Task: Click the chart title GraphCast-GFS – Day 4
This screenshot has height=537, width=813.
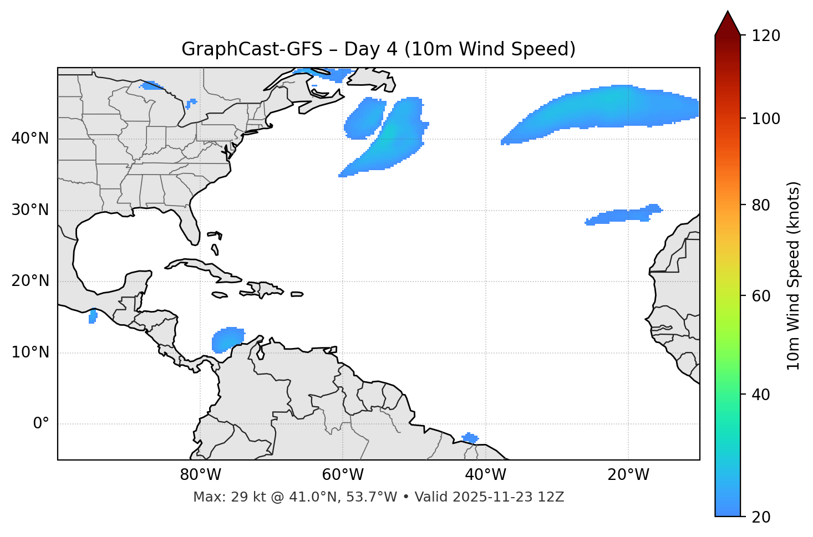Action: tap(378, 49)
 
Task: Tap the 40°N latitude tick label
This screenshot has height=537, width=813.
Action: tap(30, 139)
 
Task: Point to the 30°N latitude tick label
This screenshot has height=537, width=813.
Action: tap(30, 210)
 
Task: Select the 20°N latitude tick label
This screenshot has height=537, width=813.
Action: tap(30, 281)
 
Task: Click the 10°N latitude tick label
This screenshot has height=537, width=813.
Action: tap(30, 352)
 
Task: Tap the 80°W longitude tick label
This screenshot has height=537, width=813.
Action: tap(200, 475)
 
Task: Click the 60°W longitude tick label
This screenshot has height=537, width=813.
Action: tap(343, 475)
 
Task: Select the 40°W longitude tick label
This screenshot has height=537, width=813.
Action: tap(485, 475)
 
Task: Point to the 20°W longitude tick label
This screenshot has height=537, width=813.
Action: tap(628, 475)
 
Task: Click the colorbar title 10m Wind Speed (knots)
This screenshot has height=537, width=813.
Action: tap(794, 275)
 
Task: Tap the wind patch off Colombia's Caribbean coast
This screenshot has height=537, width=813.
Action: tap(227, 339)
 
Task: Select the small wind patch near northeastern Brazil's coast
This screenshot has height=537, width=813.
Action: tap(470, 438)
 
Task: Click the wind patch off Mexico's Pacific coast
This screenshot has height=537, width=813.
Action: tap(93, 316)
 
